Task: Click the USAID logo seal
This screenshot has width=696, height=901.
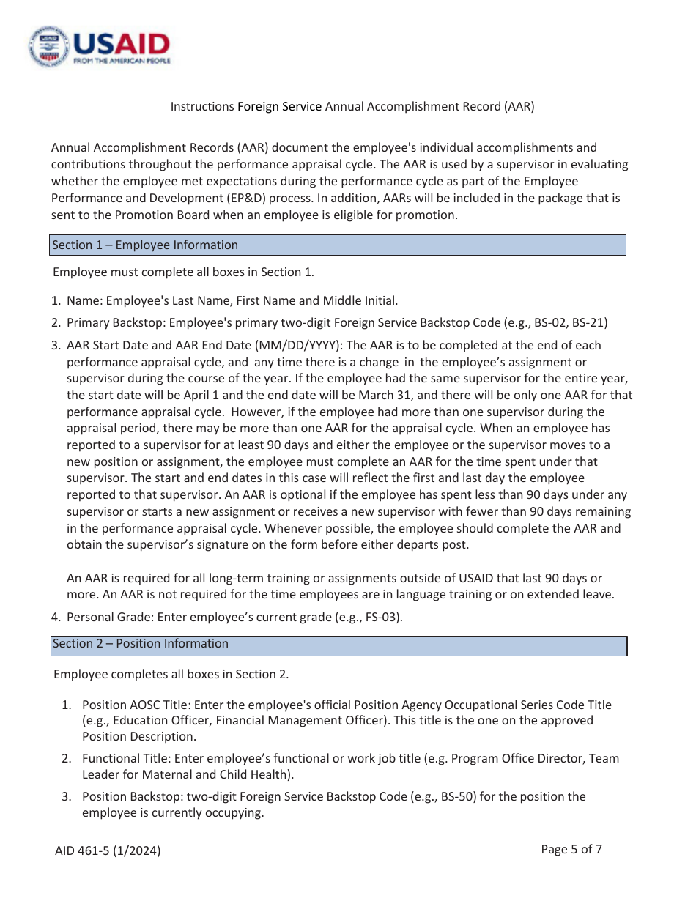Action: [x=50, y=46]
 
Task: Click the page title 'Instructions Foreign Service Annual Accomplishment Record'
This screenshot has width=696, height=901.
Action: [x=352, y=107]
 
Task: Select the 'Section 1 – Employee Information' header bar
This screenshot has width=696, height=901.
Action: [x=338, y=245]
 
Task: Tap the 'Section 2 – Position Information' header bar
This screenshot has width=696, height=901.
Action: [x=338, y=645]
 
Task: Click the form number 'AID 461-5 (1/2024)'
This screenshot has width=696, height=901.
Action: [x=108, y=850]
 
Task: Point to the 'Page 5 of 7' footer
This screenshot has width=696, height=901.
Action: [x=571, y=850]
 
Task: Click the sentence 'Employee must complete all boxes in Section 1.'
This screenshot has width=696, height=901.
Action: [x=183, y=272]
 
